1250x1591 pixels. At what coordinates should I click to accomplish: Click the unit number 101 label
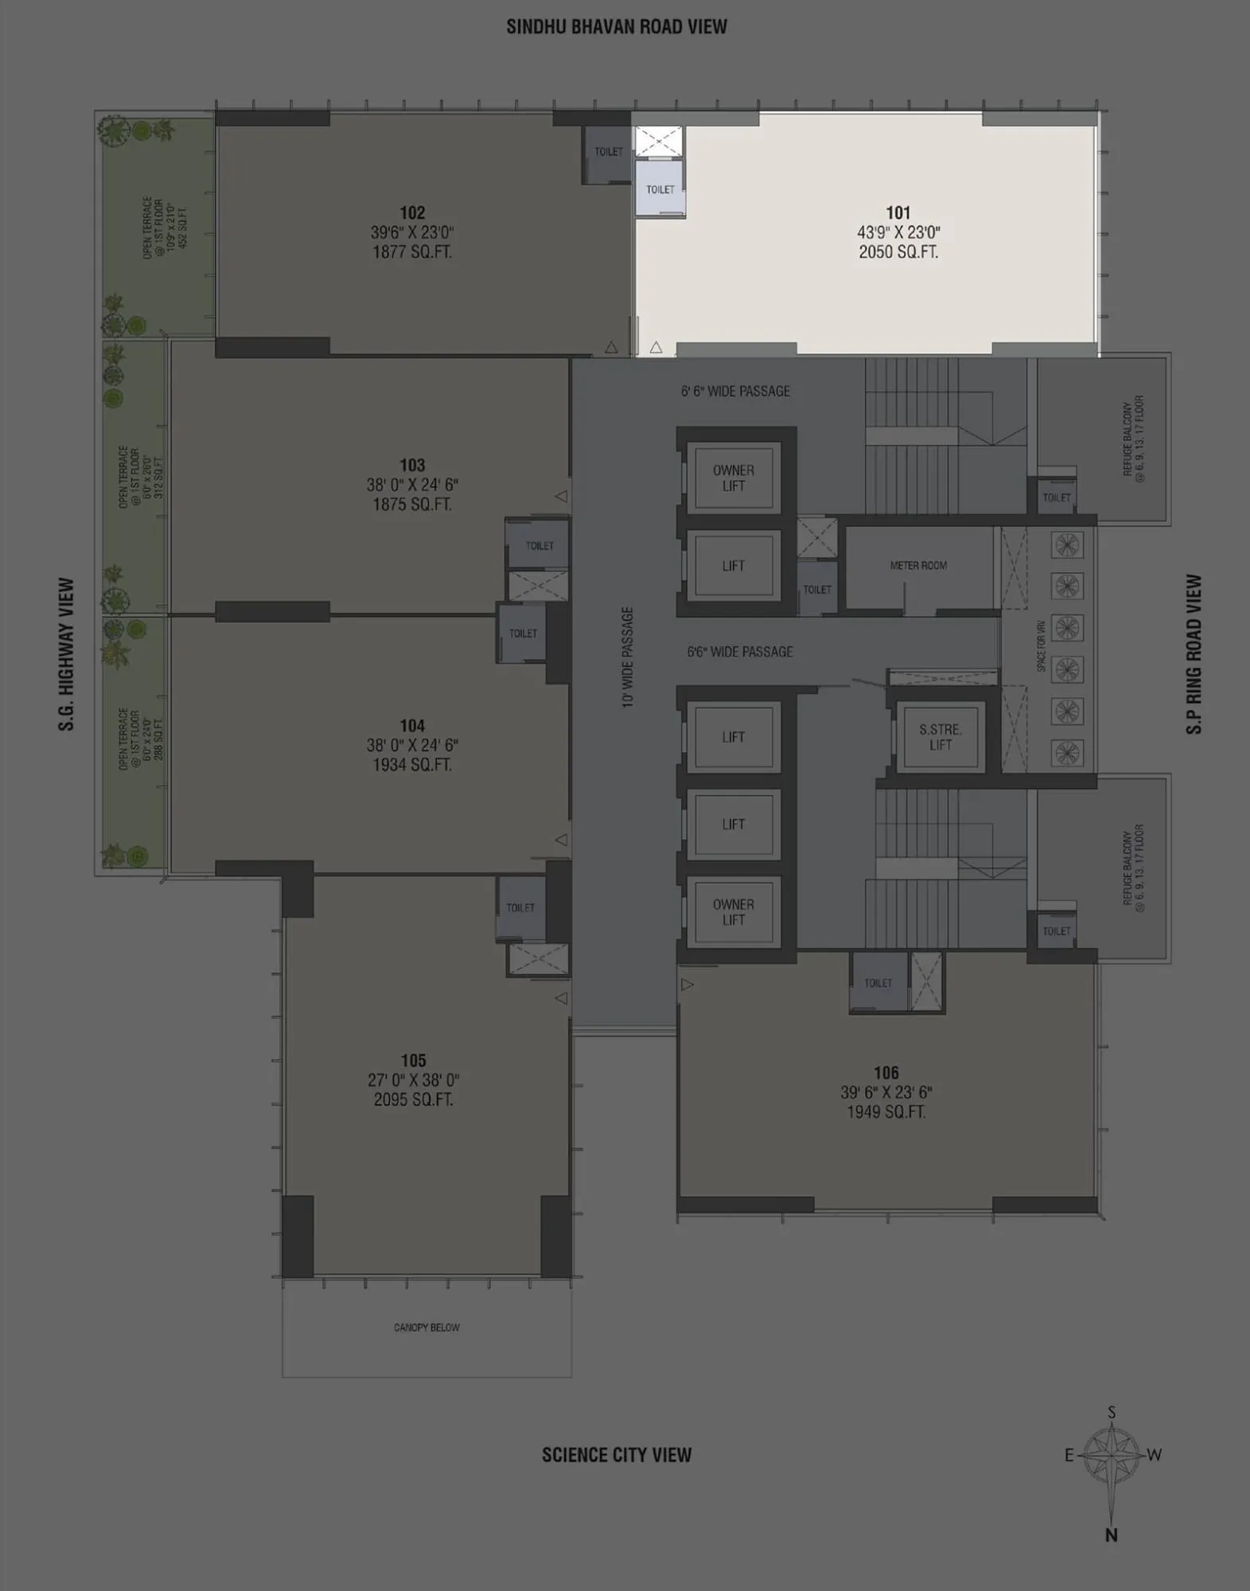click(898, 213)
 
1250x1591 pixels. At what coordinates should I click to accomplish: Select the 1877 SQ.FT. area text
click(412, 252)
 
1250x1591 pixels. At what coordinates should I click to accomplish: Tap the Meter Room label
click(918, 565)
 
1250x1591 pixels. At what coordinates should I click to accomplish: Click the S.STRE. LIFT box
click(940, 737)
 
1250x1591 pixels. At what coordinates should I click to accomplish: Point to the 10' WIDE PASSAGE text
click(628, 657)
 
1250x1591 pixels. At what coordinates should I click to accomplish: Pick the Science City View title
click(617, 1455)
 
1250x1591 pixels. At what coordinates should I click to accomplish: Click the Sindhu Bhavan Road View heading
click(617, 27)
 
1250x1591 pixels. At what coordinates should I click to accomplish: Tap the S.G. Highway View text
click(66, 654)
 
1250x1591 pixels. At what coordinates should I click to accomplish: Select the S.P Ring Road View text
click(1194, 654)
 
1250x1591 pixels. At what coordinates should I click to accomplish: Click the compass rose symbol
click(1112, 1455)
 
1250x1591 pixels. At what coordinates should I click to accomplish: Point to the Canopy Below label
click(426, 1328)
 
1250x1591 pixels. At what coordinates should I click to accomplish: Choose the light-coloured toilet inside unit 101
click(660, 189)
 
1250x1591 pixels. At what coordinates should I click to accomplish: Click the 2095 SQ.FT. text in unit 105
click(413, 1100)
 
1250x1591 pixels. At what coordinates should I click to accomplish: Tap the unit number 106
click(886, 1073)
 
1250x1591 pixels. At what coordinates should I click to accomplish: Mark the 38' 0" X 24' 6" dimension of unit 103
click(412, 485)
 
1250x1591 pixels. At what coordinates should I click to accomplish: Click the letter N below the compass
click(1112, 1535)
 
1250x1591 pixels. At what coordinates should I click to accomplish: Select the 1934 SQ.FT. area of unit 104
click(412, 765)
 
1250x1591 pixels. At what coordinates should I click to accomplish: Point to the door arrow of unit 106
click(687, 985)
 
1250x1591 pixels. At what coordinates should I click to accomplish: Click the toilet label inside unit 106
click(878, 983)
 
